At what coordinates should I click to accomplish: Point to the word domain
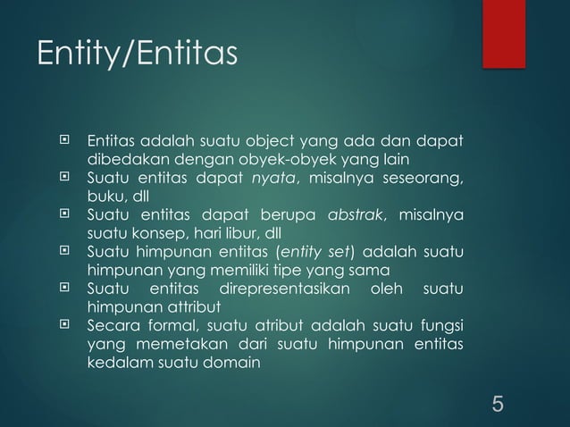pyautogui.click(x=231, y=364)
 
